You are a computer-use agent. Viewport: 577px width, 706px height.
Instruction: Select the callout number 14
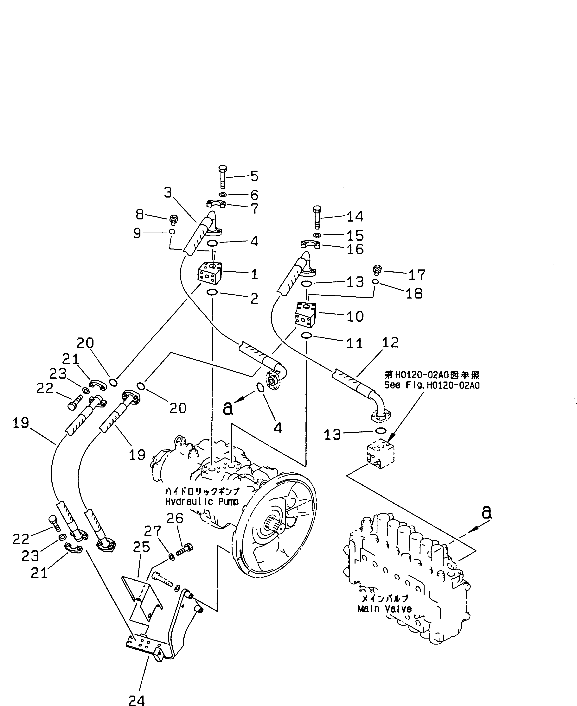355,217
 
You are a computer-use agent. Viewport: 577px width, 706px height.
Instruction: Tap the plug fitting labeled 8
173,219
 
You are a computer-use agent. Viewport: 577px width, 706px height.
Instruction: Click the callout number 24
137,700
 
